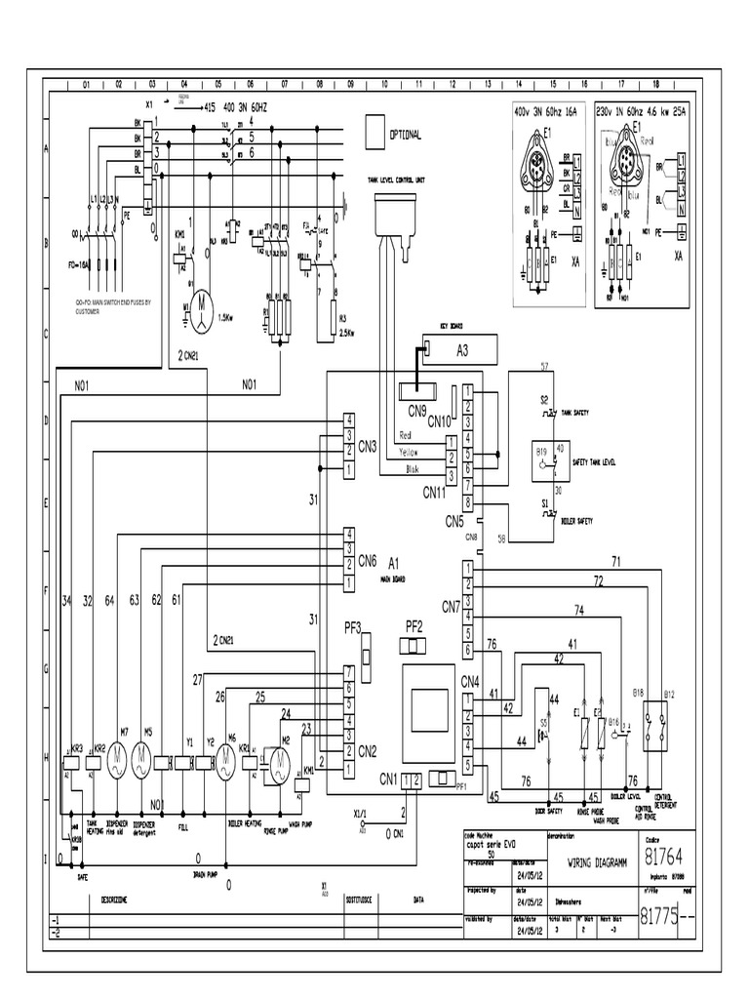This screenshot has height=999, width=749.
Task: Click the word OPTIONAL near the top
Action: pyautogui.click(x=406, y=136)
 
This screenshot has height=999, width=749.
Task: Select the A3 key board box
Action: pyautogui.click(x=462, y=349)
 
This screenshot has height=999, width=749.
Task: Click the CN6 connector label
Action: pyautogui.click(x=368, y=561)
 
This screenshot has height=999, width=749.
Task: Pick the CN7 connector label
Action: pyautogui.click(x=451, y=607)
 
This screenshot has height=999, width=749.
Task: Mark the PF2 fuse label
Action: pyautogui.click(x=414, y=625)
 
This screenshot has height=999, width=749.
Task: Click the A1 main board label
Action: pyautogui.click(x=394, y=563)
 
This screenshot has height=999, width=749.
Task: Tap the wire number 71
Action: pyautogui.click(x=615, y=562)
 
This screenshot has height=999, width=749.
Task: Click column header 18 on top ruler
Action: pyautogui.click(x=655, y=85)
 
